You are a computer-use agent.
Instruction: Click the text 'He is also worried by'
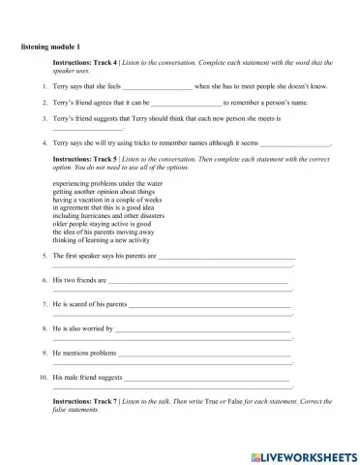point(81,328)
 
